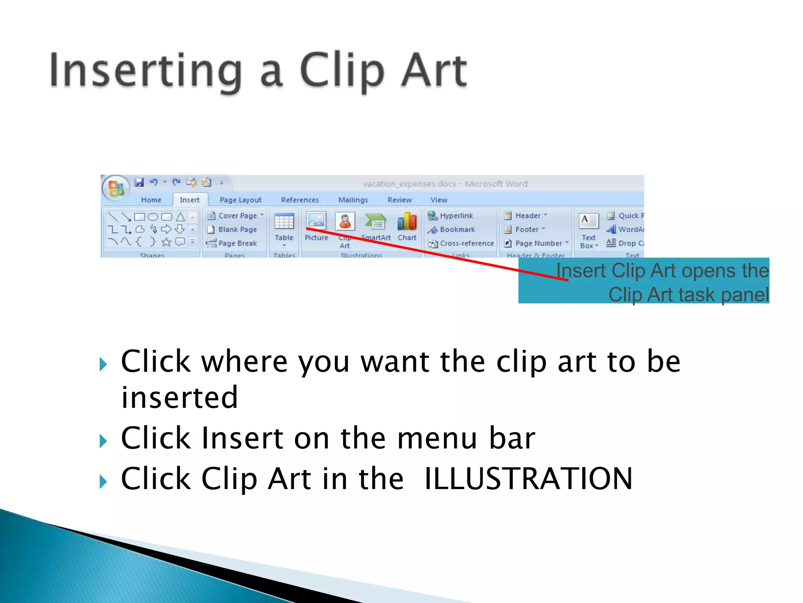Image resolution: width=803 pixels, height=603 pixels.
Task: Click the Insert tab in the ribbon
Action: (x=189, y=200)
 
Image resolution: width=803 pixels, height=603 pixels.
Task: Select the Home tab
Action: (x=151, y=200)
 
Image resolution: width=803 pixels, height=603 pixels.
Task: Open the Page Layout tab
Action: (x=240, y=200)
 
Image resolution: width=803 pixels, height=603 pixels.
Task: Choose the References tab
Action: (x=300, y=200)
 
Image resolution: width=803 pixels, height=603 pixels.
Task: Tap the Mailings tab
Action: (x=353, y=200)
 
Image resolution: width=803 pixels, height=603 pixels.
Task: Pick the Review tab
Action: (x=400, y=200)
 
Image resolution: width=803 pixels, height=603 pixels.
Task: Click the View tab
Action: (x=439, y=200)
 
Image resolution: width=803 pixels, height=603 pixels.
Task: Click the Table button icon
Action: (x=284, y=222)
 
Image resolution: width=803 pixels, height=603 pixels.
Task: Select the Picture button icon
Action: (x=316, y=221)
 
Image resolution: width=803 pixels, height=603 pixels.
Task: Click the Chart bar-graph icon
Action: (x=407, y=222)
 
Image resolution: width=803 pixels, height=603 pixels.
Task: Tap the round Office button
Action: (x=116, y=188)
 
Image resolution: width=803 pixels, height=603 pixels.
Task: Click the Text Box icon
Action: (x=589, y=221)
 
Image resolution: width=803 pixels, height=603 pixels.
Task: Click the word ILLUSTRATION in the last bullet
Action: (x=528, y=479)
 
